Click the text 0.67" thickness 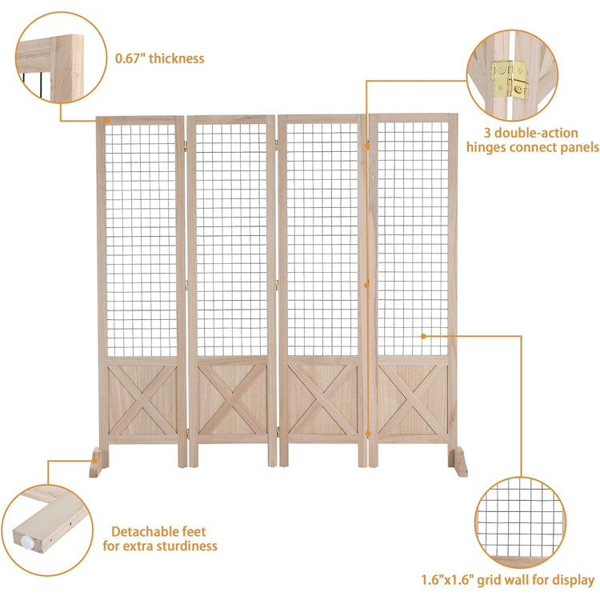coord(159,58)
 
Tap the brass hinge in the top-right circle coord(510,79)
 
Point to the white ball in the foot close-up coord(27,542)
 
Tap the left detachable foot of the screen coord(98,462)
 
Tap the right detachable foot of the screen coord(458,462)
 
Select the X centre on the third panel coord(323,400)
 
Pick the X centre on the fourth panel coord(413,399)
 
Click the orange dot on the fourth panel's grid coord(423,336)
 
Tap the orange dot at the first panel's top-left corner coord(108,121)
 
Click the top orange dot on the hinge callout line coord(367,146)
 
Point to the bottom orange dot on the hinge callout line coord(368,434)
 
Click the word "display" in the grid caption coord(570,580)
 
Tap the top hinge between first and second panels coord(186,146)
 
